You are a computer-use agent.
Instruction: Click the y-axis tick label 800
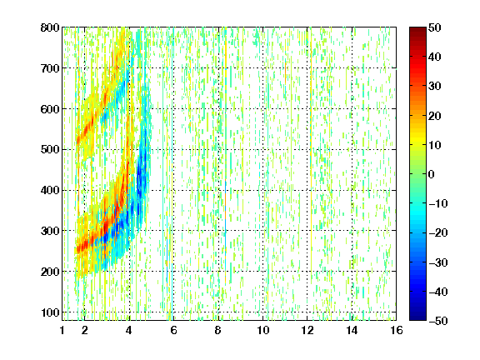click(50, 27)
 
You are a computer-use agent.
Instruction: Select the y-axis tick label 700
click(50, 68)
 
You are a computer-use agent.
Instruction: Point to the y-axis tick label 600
click(50, 109)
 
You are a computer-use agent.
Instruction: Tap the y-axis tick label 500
click(50, 150)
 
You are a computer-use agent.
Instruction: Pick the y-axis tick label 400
click(50, 190)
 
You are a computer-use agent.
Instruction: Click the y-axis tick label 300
click(50, 231)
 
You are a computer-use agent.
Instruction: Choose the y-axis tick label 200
click(50, 272)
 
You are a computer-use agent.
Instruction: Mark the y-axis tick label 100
click(50, 312)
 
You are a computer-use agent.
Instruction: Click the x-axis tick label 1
click(62, 330)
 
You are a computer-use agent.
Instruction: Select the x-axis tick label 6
click(173, 330)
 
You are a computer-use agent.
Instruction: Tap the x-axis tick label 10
click(262, 330)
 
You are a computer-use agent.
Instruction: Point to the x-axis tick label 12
click(307, 330)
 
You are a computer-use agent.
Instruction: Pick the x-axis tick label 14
click(352, 330)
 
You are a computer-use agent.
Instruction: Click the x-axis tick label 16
click(397, 330)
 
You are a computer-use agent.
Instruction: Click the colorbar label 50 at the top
click(434, 27)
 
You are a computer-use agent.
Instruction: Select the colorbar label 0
click(431, 174)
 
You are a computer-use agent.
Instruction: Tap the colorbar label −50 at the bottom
click(438, 321)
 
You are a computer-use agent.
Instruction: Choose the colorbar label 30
click(434, 87)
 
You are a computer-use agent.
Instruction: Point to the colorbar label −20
click(438, 233)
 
